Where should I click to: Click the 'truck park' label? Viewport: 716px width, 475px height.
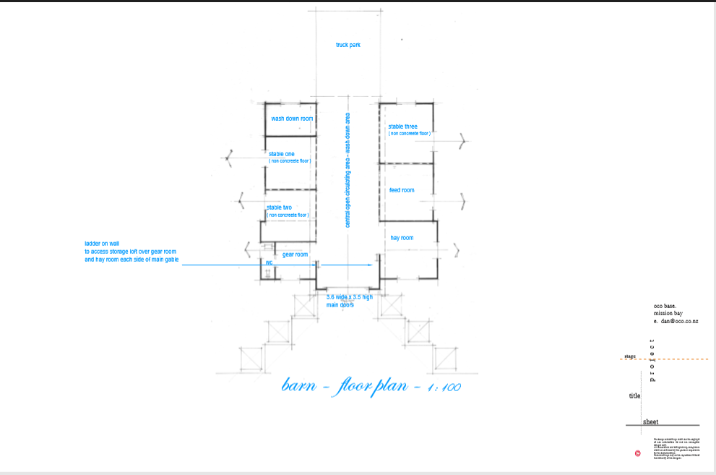[348, 45]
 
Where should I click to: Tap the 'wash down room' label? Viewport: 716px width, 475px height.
[292, 119]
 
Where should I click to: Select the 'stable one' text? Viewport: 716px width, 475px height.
[282, 154]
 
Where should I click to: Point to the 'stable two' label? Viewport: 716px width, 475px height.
[279, 207]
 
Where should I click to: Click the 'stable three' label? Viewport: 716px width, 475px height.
[402, 127]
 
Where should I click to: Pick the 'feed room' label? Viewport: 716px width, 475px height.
[402, 190]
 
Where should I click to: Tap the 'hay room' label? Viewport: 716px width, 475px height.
[402, 238]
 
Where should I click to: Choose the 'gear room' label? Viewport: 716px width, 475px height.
[295, 254]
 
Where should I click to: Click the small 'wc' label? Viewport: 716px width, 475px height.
[269, 262]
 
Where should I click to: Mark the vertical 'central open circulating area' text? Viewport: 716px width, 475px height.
[348, 170]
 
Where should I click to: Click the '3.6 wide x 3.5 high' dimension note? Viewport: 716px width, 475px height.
[350, 297]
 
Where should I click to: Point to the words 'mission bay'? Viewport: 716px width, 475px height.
[668, 313]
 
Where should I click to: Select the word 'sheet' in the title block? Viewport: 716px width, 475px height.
[650, 421]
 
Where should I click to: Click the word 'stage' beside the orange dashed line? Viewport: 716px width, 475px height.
[630, 356]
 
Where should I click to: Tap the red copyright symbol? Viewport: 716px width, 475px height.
[637, 453]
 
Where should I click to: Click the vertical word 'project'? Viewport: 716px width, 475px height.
[652, 359]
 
